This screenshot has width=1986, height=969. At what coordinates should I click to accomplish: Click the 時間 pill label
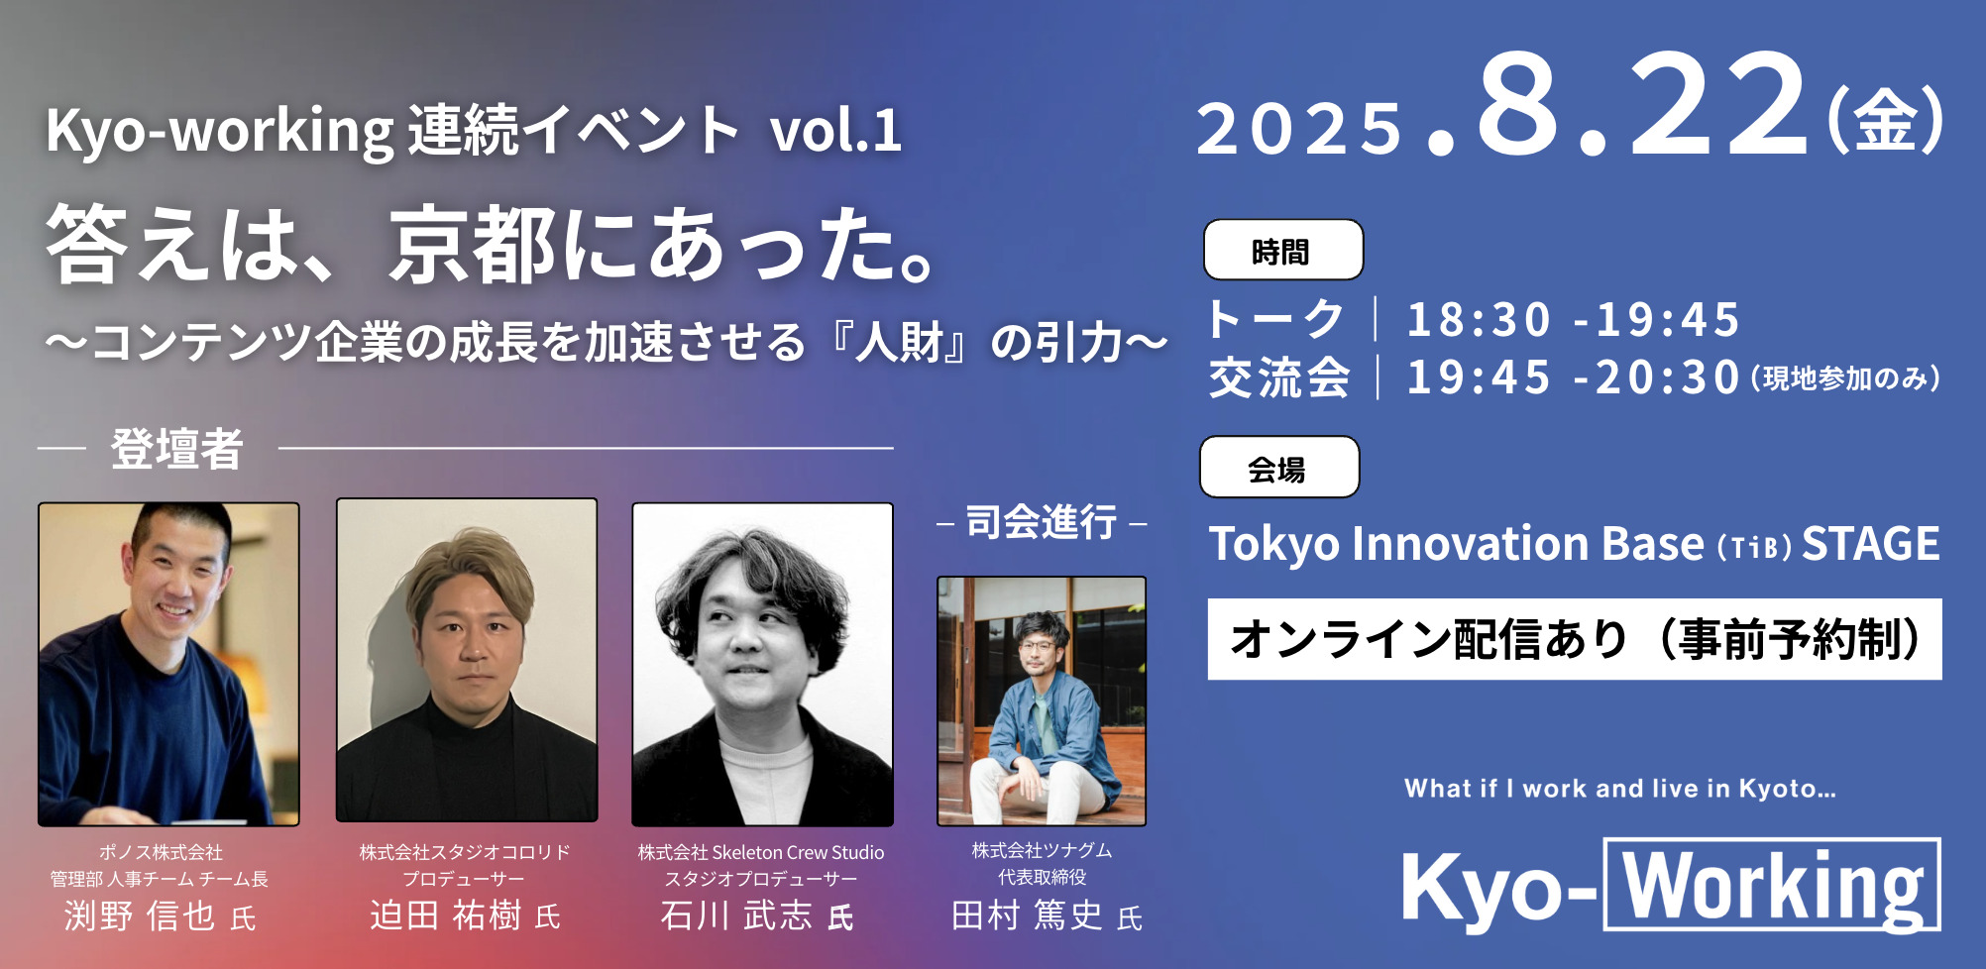[1282, 250]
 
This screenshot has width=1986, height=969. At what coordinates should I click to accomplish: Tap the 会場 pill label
[1279, 467]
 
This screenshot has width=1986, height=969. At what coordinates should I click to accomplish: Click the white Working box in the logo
[1772, 885]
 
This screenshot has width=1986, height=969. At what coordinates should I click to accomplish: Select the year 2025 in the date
[1299, 129]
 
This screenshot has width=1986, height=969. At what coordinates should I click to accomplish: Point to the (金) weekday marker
[1885, 120]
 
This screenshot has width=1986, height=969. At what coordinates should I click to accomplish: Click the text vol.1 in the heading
[835, 130]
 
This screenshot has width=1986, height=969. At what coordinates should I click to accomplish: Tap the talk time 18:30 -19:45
[1573, 319]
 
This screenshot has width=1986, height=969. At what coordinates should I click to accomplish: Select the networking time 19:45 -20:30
[1573, 377]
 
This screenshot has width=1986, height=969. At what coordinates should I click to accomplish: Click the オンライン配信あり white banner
[1575, 639]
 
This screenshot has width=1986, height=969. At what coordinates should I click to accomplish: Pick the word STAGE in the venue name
[1870, 543]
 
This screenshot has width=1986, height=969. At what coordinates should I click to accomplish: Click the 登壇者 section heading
[176, 449]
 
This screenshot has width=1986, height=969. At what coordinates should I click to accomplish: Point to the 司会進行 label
[1042, 522]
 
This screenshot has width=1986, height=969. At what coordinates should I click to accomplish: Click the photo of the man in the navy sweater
[168, 664]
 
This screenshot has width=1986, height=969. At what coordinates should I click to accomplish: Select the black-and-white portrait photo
[762, 664]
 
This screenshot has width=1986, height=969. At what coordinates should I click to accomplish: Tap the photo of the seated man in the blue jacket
[1042, 700]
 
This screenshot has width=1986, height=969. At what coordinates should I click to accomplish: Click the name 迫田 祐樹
[446, 915]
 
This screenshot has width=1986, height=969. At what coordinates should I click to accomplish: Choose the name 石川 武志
[735, 915]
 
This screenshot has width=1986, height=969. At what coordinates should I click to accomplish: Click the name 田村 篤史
[1027, 915]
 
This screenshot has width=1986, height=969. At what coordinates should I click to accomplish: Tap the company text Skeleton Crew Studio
[798, 852]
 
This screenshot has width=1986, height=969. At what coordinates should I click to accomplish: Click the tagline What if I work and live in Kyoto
[1620, 789]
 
